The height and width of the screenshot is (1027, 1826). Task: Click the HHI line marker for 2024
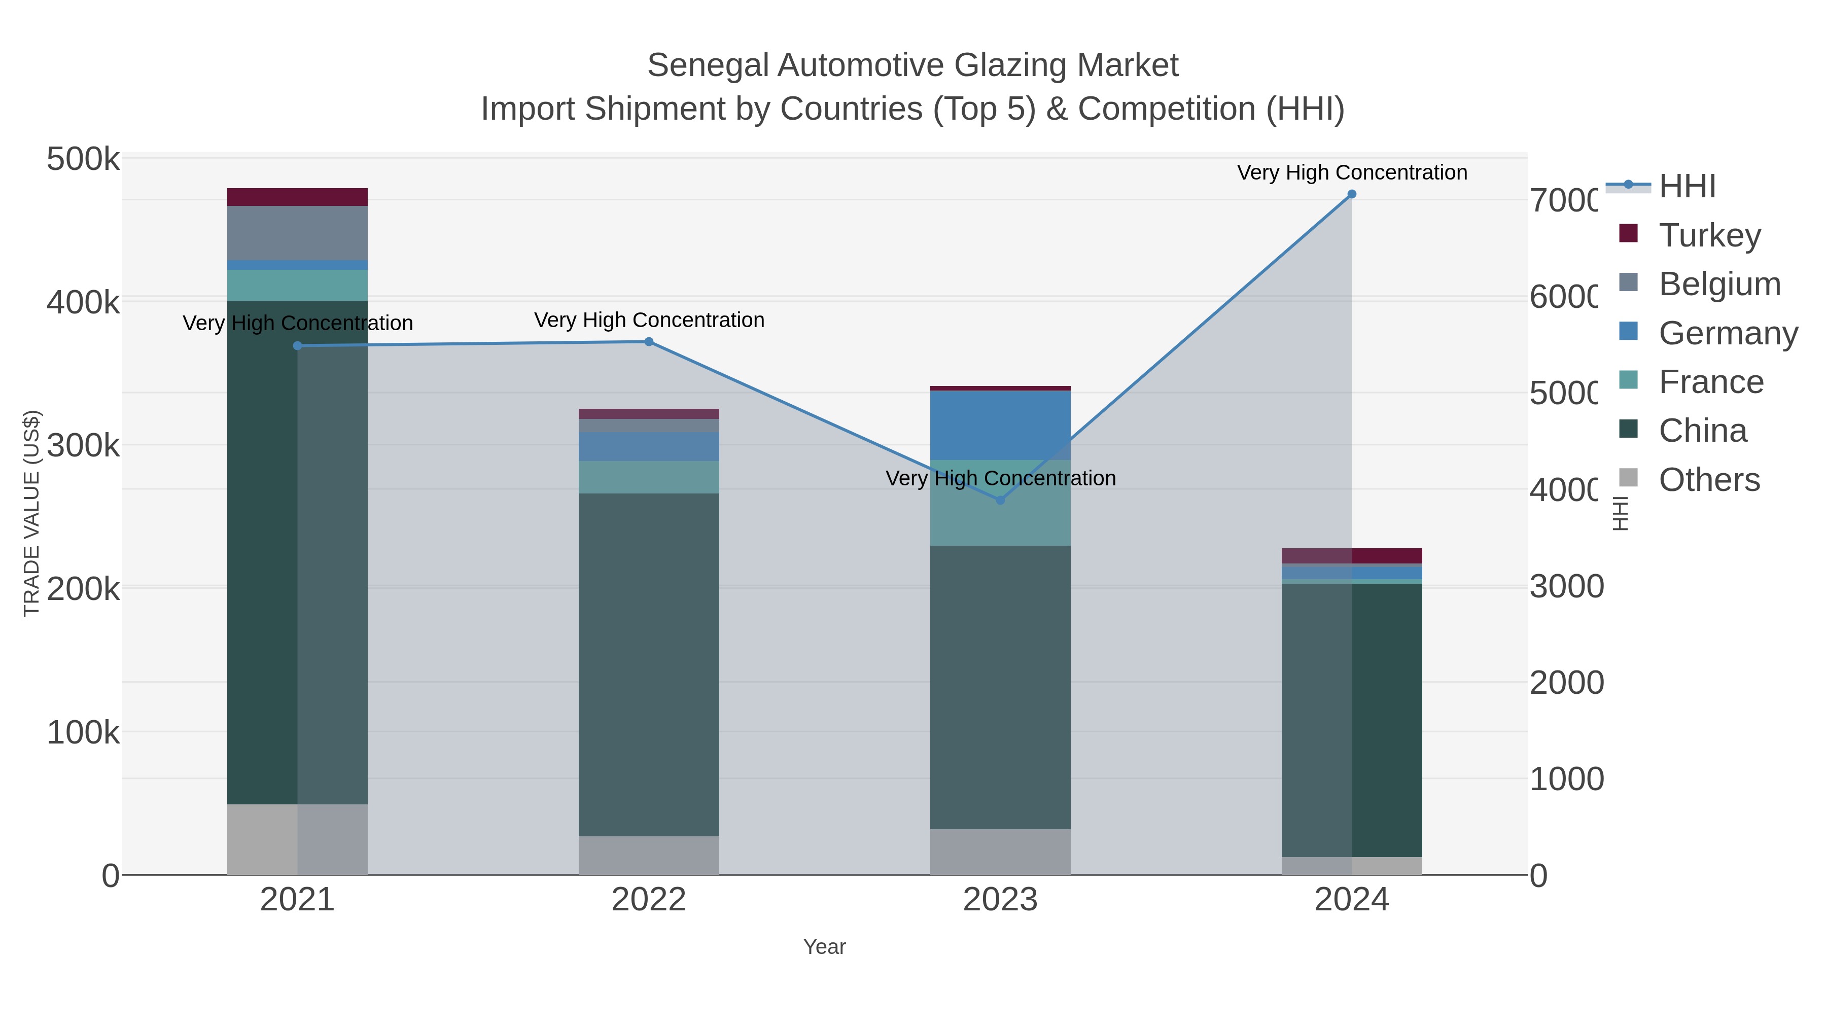click(x=1351, y=194)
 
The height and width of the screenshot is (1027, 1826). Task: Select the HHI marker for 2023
click(x=1000, y=501)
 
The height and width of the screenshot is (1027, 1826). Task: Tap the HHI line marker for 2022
click(x=649, y=342)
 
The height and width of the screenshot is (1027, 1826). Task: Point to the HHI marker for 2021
click(x=298, y=346)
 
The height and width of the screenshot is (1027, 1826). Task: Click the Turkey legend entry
click(x=1709, y=235)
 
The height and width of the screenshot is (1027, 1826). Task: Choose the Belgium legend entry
click(x=1719, y=284)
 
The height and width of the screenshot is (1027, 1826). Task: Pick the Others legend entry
click(x=1708, y=480)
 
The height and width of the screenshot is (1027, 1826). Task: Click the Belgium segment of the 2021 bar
click(x=297, y=232)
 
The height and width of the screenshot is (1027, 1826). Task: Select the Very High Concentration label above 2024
click(x=1352, y=172)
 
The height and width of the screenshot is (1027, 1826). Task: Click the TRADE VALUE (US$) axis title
click(x=31, y=513)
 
